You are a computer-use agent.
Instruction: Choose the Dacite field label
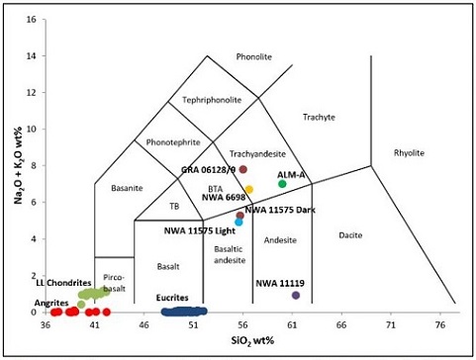(350, 234)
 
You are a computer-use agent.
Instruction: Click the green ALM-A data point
(282, 183)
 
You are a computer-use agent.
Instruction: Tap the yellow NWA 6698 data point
(249, 189)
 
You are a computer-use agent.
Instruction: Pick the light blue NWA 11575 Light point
(238, 222)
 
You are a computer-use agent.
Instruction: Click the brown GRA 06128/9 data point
(242, 169)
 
